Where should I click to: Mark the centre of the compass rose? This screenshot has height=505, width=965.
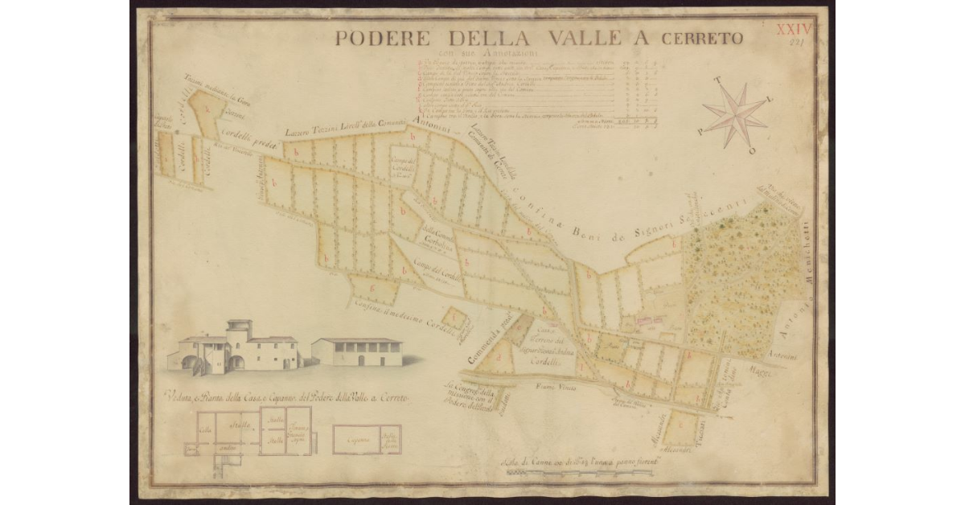coord(735,114)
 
